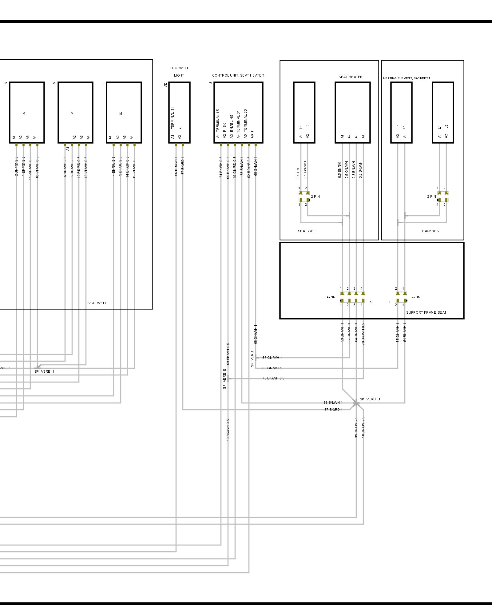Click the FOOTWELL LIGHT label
point(179,72)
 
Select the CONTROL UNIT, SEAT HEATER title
point(238,75)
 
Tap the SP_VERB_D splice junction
point(356,403)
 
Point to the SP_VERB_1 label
point(44,371)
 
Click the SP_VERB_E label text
point(224,379)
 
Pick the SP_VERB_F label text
point(252,357)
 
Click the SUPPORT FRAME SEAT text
point(426,312)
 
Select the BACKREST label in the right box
point(431,231)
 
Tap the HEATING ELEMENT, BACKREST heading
point(407,78)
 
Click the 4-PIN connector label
point(331,297)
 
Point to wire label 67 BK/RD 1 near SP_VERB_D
point(333,410)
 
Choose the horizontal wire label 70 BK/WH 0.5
point(273,378)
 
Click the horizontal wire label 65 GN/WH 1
point(272,368)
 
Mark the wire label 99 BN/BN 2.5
point(356,427)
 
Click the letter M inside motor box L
point(121,114)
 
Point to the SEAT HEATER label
point(350,77)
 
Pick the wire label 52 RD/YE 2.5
point(249,167)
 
